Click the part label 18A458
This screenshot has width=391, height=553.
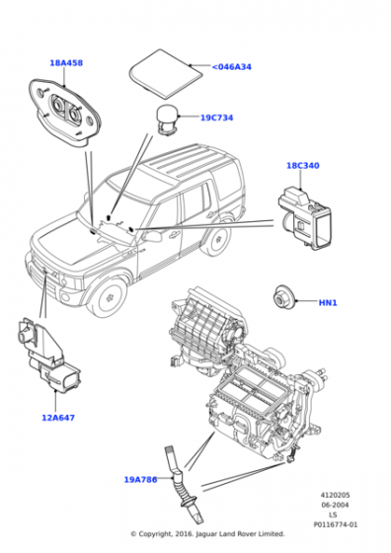coord(66,63)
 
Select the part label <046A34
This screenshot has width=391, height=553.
coord(232,67)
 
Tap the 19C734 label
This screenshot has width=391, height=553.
coord(217,118)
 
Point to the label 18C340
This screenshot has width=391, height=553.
coord(302,166)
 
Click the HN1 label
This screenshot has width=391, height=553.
coord(328,302)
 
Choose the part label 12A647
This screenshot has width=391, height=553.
coord(58,418)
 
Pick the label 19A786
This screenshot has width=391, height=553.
coord(140,480)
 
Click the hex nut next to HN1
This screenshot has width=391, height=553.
coord(283,299)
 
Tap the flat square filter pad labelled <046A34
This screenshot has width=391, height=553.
coord(166,73)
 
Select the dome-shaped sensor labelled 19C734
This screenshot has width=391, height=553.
coord(168,118)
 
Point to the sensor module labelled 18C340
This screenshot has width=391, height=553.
coord(305,218)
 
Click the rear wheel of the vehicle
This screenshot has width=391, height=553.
coord(217,239)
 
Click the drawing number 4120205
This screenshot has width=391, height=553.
coord(335,495)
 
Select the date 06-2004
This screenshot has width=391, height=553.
coord(335,505)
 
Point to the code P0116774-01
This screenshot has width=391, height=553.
coord(336,524)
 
